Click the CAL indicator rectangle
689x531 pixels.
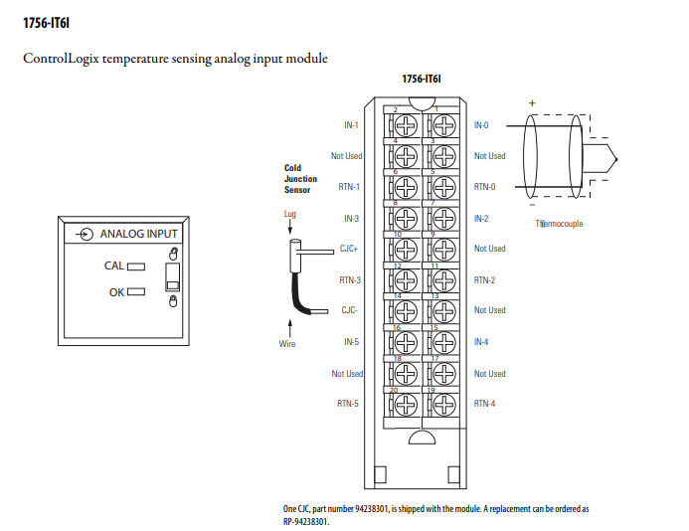[x=136, y=266]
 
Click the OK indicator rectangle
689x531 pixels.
[x=136, y=291]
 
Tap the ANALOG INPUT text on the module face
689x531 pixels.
[x=139, y=234]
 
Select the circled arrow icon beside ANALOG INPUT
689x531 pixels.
[x=86, y=234]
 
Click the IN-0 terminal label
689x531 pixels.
[x=481, y=125]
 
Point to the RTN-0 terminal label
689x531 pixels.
[x=484, y=187]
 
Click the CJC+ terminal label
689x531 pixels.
[x=349, y=249]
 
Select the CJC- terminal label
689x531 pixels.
[x=349, y=310]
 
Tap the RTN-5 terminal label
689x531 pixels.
[x=348, y=404]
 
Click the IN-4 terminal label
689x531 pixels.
[x=481, y=342]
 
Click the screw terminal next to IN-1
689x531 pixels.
[x=406, y=126]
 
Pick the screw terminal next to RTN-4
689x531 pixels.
[x=443, y=405]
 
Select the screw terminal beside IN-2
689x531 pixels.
[x=443, y=219]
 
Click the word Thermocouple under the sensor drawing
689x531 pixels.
[x=559, y=224]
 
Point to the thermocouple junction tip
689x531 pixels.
[x=616, y=159]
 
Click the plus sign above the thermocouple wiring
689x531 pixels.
[x=532, y=103]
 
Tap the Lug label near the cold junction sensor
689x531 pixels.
[x=290, y=214]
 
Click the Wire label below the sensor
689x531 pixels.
[x=287, y=344]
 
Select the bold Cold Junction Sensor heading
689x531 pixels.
[x=300, y=179]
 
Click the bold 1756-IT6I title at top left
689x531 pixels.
[x=46, y=23]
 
